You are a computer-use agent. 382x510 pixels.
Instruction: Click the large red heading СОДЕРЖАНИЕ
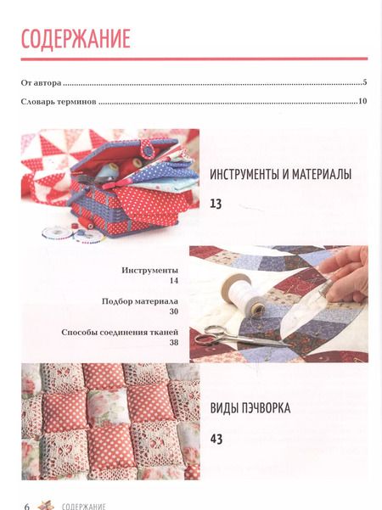[x=76, y=39]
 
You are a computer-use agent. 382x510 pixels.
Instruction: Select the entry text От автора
[x=41, y=83]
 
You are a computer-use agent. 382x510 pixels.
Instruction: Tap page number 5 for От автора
[x=365, y=82]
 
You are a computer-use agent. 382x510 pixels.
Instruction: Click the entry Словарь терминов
[x=59, y=102]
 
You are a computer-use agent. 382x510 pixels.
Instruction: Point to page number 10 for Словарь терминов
[x=362, y=101]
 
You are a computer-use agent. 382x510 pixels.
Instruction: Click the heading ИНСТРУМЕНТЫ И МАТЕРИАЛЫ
[x=280, y=175]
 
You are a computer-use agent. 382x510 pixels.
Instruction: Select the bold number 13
[x=216, y=204]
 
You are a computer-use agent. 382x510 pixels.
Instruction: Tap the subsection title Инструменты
[x=150, y=271]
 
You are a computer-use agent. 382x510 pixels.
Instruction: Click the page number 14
[x=174, y=280]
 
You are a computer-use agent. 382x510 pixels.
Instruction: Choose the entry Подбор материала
[x=140, y=301]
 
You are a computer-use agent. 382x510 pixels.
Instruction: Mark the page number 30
[x=174, y=311]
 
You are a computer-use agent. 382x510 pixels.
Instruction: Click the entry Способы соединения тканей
[x=120, y=333]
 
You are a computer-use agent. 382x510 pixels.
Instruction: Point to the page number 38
[x=174, y=343]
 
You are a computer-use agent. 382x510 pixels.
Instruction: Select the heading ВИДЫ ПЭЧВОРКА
[x=250, y=408]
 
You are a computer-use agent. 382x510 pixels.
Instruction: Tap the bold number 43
[x=216, y=439]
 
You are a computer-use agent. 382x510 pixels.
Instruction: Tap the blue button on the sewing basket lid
[x=149, y=150]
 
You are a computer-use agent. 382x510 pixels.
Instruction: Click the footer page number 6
[x=27, y=506]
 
